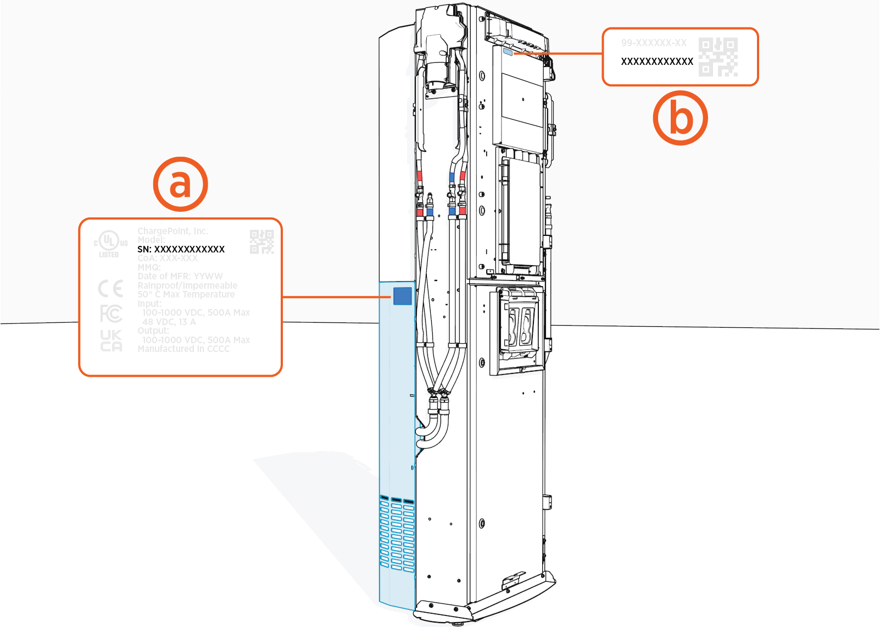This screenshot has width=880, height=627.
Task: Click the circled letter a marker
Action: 180,184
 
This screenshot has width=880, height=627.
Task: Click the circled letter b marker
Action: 680,118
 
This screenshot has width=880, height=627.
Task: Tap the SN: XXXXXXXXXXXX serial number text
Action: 181,249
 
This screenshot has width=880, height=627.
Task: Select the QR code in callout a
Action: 261,242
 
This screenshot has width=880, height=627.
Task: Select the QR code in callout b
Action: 718,57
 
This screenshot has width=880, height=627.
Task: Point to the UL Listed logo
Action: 110,243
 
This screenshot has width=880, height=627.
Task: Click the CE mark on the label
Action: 110,289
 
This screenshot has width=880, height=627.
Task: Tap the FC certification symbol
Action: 110,314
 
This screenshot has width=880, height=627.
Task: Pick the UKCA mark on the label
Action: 111,340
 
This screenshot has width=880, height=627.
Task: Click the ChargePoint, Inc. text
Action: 172,231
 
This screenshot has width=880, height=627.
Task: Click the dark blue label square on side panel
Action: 402,295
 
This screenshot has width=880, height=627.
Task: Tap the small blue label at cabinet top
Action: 508,52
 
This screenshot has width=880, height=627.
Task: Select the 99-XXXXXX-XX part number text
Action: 654,43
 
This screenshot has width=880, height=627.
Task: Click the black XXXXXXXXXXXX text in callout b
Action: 657,62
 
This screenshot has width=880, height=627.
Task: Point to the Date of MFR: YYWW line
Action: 180,276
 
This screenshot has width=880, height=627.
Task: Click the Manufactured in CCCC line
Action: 183,349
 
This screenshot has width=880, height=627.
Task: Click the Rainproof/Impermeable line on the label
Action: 187,285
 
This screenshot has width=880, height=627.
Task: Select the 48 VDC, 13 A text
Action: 169,322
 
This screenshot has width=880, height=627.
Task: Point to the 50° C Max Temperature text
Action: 186,294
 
